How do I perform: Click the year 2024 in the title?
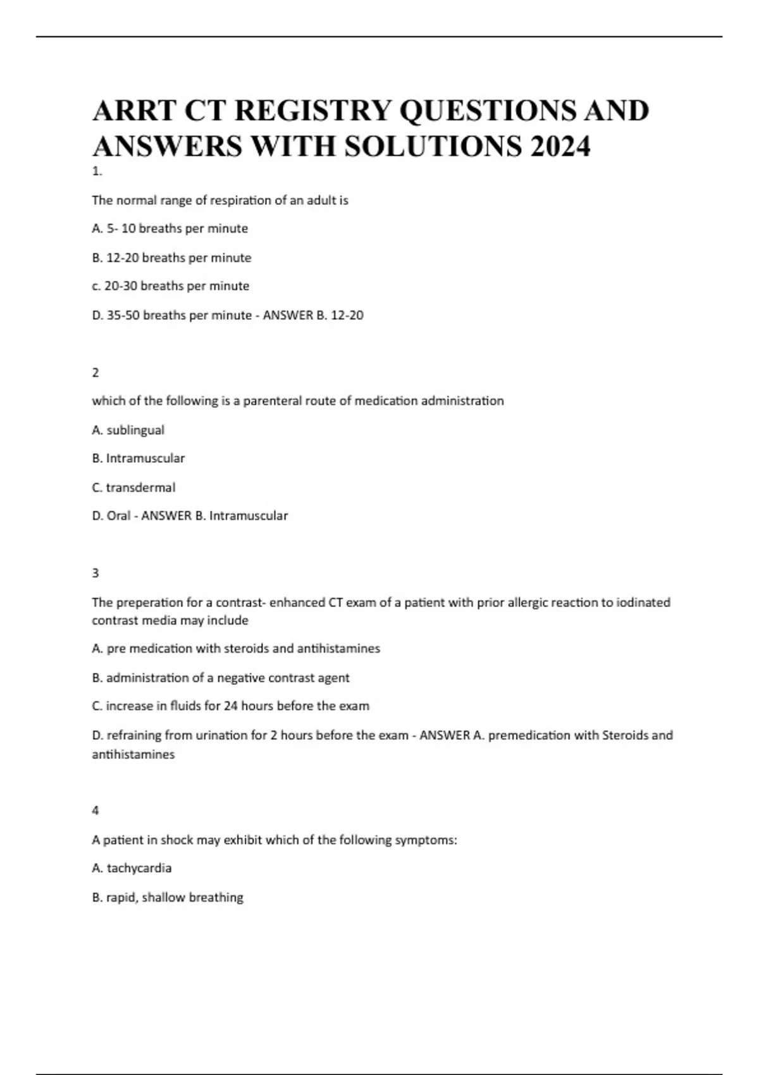[x=560, y=147]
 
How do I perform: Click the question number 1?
[x=96, y=171]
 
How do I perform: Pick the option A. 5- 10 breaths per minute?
[x=170, y=228]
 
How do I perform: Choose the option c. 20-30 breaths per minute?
[x=170, y=286]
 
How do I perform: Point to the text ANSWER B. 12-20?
[x=312, y=315]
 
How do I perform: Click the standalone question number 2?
[x=96, y=372]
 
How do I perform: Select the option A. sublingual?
[x=128, y=430]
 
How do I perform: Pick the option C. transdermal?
[x=133, y=488]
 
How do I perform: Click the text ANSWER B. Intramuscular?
[x=214, y=516]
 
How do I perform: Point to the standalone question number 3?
[x=96, y=573]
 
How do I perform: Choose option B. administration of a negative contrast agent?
[x=220, y=678]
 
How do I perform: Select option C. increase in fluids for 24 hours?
[x=230, y=706]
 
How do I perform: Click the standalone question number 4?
[x=96, y=810]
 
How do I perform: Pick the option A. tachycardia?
[x=132, y=868]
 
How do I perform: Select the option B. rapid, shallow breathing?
[x=168, y=897]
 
